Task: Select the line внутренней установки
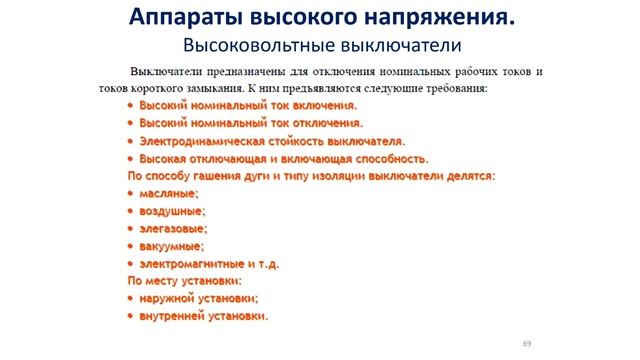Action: [x=202, y=316]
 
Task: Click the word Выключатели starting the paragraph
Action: [x=159, y=73]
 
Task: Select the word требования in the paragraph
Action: [x=453, y=88]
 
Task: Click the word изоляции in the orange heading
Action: [x=342, y=176]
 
